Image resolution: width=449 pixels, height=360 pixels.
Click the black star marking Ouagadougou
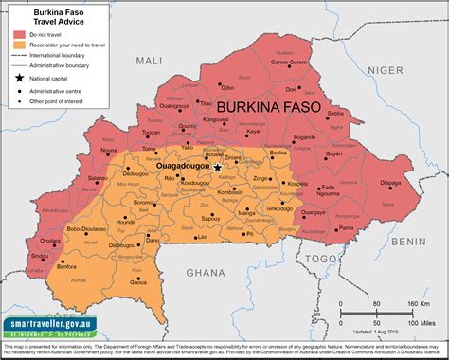point(190,167)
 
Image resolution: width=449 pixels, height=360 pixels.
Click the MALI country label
point(149,61)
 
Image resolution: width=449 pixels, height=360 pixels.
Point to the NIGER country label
point(386,70)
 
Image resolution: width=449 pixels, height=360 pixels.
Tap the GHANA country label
point(206,272)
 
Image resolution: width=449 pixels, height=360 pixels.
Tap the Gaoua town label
point(138,282)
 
